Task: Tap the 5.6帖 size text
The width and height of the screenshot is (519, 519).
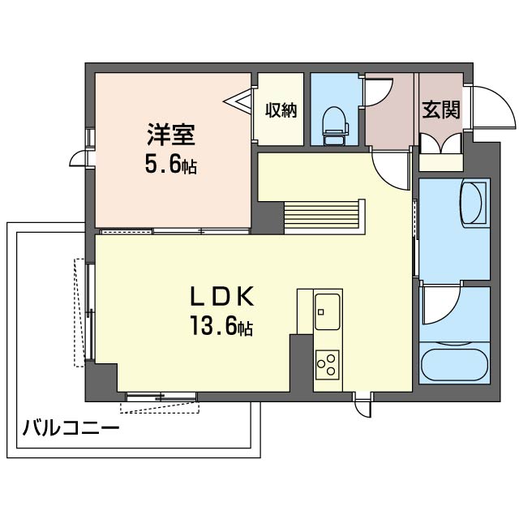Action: click(x=171, y=166)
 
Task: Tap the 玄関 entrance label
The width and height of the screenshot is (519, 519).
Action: click(x=441, y=109)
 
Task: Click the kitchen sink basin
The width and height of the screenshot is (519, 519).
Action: click(x=328, y=310)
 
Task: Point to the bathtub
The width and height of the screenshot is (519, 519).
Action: click(x=454, y=362)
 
